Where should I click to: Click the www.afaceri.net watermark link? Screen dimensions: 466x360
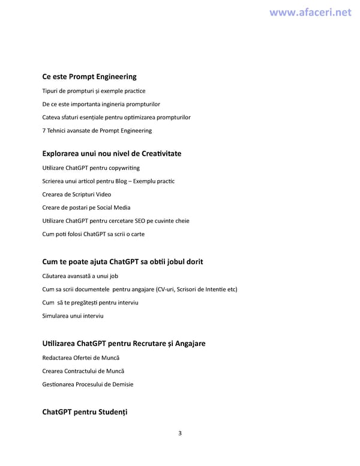[310, 12]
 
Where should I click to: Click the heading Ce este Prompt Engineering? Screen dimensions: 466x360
[89, 76]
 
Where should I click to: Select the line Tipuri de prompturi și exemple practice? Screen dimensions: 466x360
[94, 91]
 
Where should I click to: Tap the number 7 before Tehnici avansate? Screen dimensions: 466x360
[44, 130]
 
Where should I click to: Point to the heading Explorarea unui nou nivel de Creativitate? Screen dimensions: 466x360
[112, 153]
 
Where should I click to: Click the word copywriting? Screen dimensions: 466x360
[124, 168]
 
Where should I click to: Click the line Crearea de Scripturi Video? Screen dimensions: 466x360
[77, 194]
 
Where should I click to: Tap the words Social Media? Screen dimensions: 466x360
[113, 207]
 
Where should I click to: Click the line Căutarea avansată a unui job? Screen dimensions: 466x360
[80, 276]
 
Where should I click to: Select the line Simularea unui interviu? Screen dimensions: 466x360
[73, 316]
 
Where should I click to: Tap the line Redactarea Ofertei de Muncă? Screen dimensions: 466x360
[81, 358]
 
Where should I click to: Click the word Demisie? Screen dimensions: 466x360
[122, 384]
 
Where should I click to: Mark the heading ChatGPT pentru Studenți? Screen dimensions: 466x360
[85, 412]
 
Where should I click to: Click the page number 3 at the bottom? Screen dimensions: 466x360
[180, 434]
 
